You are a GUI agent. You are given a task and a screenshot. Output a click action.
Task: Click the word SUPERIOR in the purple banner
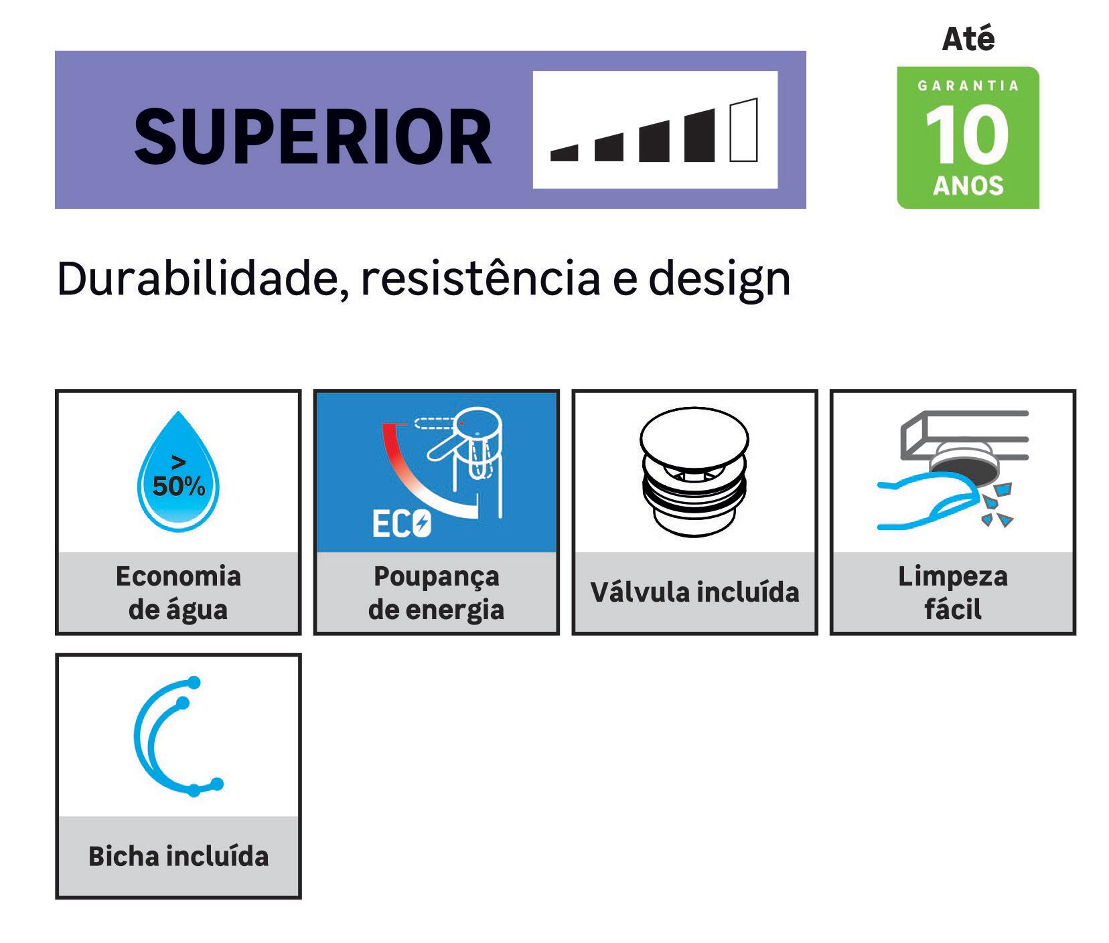point(313,137)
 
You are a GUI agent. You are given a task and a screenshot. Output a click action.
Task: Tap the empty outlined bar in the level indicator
point(743,130)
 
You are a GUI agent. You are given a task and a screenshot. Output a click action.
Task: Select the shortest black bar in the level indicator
point(564,153)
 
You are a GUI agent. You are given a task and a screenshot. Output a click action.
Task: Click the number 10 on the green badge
point(967,135)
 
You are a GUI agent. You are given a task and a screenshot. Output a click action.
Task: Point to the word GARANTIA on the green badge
point(968,86)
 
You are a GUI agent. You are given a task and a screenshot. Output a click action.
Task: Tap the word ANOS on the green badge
point(968,185)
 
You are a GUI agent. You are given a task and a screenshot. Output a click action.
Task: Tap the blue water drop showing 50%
point(178,471)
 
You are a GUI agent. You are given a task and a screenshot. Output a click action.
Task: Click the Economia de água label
point(178,592)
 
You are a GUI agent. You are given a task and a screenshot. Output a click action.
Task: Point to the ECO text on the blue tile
point(401,524)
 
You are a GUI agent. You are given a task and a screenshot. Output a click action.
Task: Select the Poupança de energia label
point(436,592)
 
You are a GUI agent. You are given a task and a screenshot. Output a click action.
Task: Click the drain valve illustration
point(694,472)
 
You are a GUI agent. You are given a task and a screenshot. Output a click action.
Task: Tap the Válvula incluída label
point(694,592)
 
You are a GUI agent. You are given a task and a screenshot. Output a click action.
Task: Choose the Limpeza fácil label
point(952,592)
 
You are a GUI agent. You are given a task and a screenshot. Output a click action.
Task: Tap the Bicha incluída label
point(178,856)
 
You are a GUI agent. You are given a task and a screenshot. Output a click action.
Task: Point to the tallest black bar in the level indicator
point(699,135)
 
